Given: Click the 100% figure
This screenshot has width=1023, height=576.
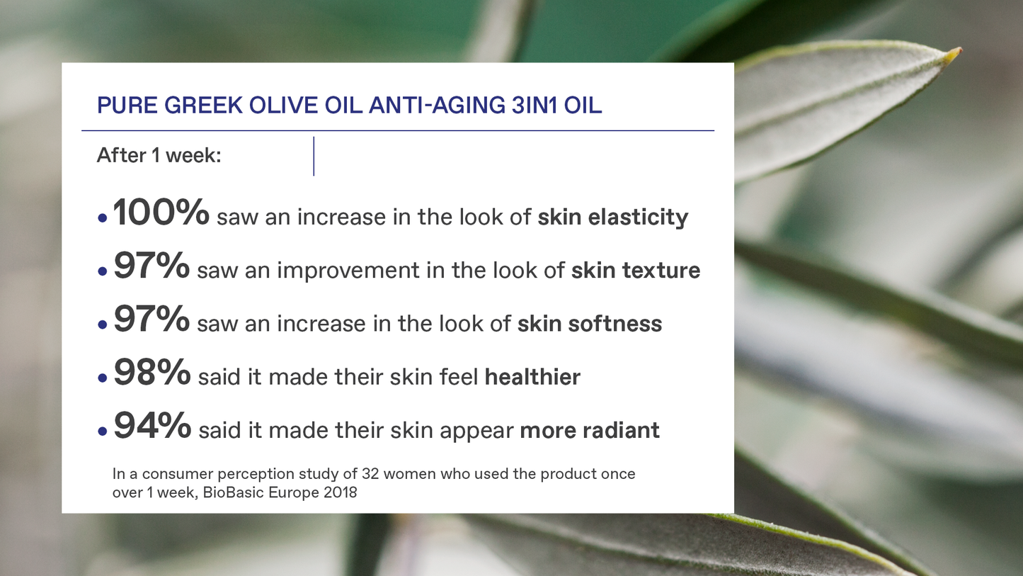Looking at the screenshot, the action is [161, 212].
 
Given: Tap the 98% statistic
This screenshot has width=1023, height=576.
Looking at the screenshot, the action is [152, 372].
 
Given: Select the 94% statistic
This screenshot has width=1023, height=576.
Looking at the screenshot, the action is [152, 426].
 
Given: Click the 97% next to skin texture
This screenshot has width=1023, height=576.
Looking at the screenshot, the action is [152, 265].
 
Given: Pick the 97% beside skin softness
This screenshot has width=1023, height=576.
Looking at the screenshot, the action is [152, 319].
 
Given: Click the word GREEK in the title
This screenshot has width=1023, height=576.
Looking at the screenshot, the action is [203, 105].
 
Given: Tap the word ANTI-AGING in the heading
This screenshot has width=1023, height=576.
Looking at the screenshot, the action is [437, 105].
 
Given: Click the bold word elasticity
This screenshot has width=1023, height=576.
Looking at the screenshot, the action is [638, 218].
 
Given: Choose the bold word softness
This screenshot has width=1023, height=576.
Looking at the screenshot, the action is [615, 324].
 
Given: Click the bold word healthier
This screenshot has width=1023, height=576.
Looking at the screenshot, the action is [532, 377].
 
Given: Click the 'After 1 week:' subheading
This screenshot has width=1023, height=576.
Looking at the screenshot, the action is [159, 155].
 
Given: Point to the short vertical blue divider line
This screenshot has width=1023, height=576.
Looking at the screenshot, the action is [314, 156].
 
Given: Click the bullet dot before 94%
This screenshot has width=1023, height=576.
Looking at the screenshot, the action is [102, 431].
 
